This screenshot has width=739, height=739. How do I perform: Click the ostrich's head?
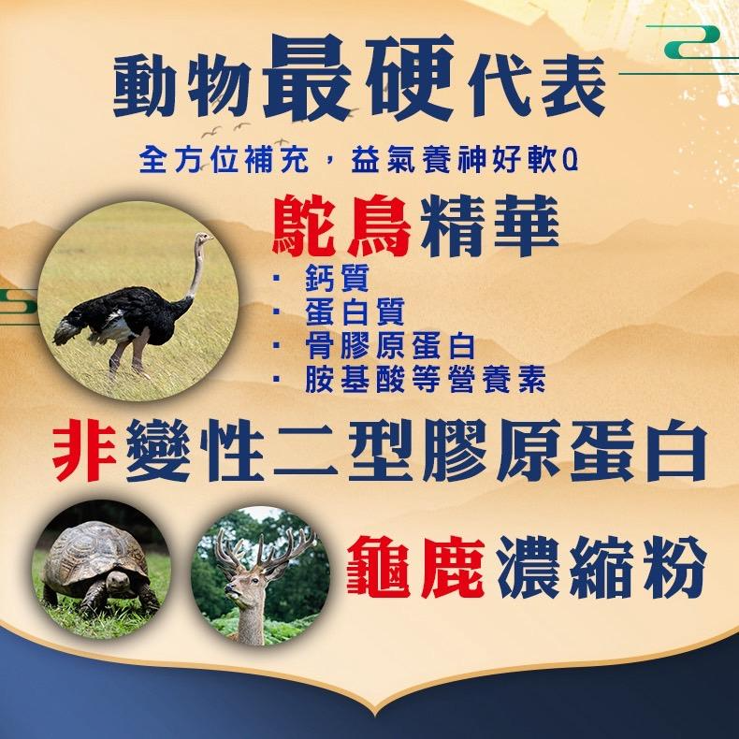(x=204, y=238)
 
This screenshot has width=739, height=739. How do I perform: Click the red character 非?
(x=84, y=449)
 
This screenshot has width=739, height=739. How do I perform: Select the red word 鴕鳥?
(x=341, y=227)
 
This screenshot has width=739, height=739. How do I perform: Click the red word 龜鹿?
(x=415, y=567)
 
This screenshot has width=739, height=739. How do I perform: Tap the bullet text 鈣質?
(x=337, y=278)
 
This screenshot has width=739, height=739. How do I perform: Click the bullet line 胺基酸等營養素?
(x=425, y=380)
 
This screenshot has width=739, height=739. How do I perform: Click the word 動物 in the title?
(x=182, y=86)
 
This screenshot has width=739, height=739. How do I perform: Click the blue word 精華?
(x=489, y=227)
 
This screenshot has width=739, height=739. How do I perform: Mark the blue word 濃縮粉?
(x=601, y=567)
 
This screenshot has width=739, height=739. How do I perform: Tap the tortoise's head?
(x=117, y=580)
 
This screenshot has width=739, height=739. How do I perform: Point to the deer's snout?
(x=229, y=589)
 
